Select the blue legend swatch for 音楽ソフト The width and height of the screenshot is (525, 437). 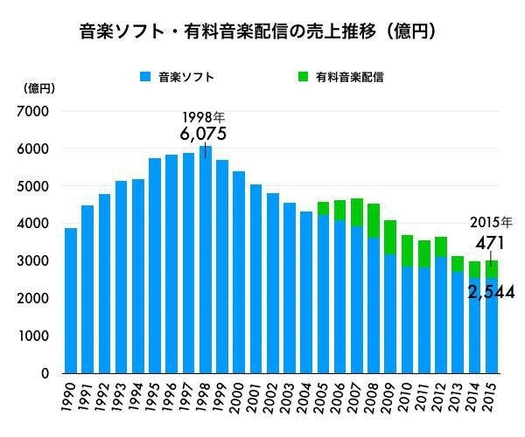point(145,78)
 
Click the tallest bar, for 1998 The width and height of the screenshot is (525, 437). point(206,262)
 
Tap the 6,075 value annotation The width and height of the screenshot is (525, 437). point(203,134)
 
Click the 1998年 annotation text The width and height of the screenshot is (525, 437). point(203,117)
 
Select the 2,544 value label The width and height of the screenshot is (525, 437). point(490,292)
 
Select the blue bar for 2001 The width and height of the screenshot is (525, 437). point(255,280)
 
